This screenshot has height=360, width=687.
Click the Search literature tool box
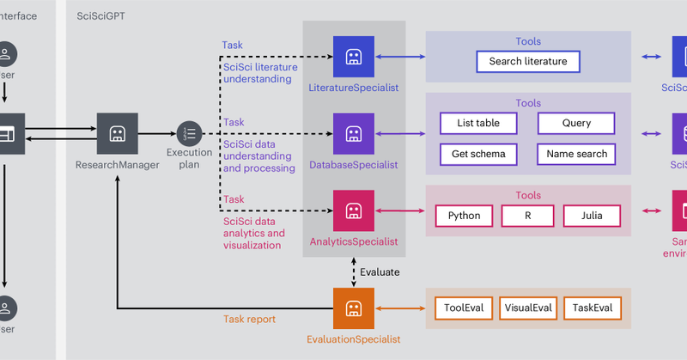(528, 62)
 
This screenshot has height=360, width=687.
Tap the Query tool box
(576, 123)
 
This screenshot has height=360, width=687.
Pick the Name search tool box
(576, 154)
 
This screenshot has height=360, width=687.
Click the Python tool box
(464, 215)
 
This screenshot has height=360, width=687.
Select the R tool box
(527, 215)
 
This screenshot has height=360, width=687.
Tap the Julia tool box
(591, 215)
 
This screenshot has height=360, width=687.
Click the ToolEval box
(464, 308)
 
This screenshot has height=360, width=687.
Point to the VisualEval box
(527, 308)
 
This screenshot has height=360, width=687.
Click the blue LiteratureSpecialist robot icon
(353, 57)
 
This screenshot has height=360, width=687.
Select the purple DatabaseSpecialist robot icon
(353, 133)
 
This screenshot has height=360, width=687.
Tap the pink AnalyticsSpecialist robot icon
(353, 211)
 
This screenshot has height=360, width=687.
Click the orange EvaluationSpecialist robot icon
(353, 308)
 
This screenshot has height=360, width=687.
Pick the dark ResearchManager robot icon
(118, 133)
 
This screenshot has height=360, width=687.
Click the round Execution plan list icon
(189, 133)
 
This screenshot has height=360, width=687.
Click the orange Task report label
(249, 319)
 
